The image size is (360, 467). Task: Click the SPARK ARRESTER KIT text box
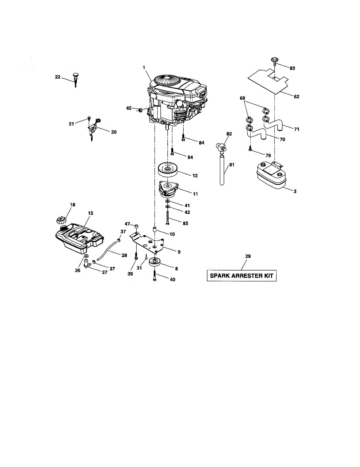241,276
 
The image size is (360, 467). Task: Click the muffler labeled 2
272,176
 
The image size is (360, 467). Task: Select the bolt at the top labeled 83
274,61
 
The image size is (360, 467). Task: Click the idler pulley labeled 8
155,263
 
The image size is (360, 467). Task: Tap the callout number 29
248,256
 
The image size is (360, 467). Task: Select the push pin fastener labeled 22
75,78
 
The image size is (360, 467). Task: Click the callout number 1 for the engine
144,68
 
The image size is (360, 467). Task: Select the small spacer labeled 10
155,230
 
